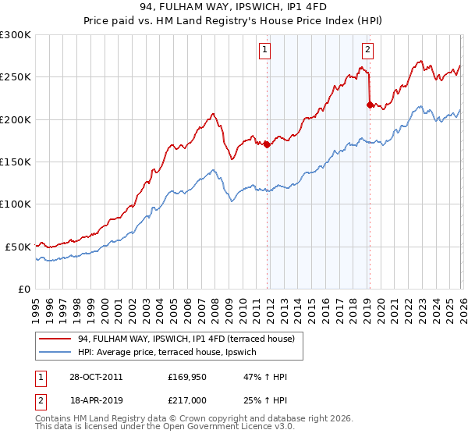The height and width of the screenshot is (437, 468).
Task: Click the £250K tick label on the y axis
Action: (x=16, y=77)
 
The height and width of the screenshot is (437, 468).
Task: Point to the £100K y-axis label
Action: (x=16, y=204)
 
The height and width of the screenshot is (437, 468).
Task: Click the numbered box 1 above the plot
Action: (x=265, y=50)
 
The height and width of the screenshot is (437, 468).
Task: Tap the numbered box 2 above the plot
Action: (x=367, y=50)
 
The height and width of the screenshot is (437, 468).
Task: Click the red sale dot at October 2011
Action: (x=267, y=144)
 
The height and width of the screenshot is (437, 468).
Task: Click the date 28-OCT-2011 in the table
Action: (x=95, y=378)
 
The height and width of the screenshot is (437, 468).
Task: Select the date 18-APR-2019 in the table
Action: (x=95, y=400)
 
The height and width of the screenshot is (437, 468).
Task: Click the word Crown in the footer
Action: (x=185, y=419)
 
